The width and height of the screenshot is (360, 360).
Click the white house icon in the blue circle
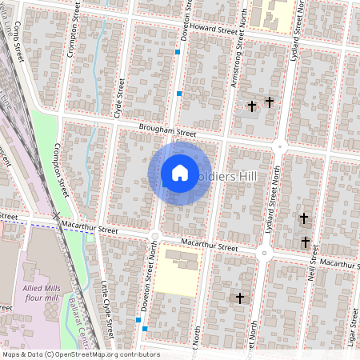(x=180, y=173)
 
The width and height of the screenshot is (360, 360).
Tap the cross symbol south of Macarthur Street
(x=238, y=298)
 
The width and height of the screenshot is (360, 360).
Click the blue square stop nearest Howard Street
(x=178, y=52)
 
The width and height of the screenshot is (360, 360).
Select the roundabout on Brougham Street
(x=280, y=146)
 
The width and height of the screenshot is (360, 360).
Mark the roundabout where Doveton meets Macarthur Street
(x=154, y=235)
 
